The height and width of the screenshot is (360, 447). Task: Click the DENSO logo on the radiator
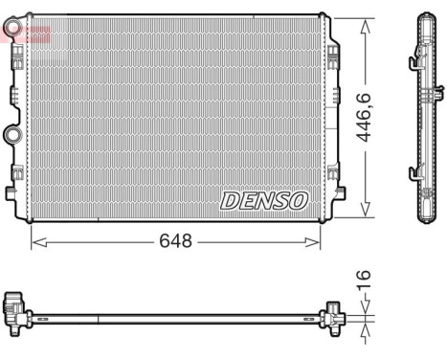pos(264,199)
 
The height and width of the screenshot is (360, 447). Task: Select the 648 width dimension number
pos(175,241)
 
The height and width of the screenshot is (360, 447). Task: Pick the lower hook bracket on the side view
pos(416,172)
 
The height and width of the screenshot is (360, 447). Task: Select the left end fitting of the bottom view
pos(16,307)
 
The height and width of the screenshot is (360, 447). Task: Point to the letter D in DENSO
pos(230,199)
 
